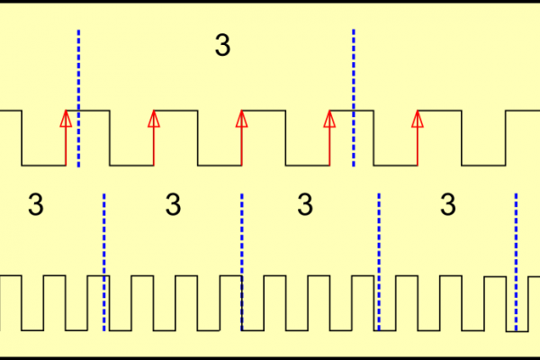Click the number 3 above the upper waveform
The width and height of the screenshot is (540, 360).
(x=223, y=46)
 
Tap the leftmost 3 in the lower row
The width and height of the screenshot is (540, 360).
(x=35, y=205)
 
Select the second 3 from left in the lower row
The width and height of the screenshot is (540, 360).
(x=174, y=205)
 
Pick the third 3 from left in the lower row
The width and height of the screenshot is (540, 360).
(x=305, y=205)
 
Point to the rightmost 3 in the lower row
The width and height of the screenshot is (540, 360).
(x=447, y=205)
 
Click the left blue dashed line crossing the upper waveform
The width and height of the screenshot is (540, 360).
(x=78, y=99)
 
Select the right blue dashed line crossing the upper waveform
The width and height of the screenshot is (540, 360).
(x=354, y=99)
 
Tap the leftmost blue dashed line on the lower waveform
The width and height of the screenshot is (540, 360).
(x=104, y=261)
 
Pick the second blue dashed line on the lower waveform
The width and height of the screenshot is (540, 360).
(x=242, y=261)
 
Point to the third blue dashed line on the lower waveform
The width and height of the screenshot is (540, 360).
(x=379, y=261)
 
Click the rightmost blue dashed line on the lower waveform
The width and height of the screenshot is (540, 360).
(x=516, y=261)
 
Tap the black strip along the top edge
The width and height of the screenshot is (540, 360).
(x=270, y=2)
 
